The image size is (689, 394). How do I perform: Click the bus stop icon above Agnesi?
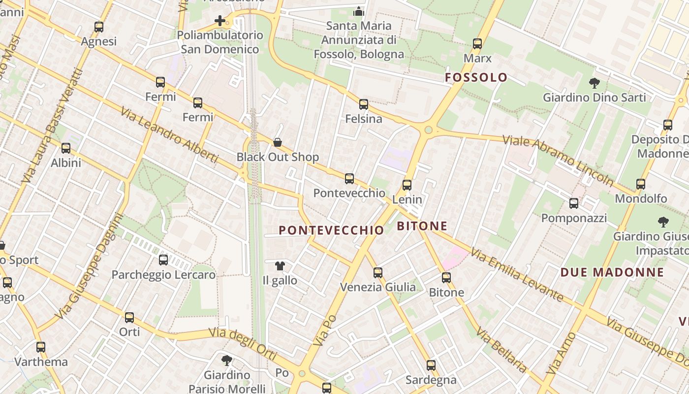coord(99,27)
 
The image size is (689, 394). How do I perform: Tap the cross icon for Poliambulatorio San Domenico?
coord(220,21)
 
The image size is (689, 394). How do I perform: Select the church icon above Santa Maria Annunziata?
coord(359,11)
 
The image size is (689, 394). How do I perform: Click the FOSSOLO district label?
coord(476,77)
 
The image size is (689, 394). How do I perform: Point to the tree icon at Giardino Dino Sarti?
coord(595,83)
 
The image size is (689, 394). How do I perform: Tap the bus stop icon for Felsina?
coord(364,104)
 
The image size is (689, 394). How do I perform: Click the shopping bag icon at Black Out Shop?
coord(278,142)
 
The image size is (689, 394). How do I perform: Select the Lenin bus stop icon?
coord(407,185)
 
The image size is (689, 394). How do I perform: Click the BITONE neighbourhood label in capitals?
coord(422,226)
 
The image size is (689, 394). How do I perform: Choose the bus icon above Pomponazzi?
coord(574,203)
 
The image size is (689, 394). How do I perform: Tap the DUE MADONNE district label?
coord(612,272)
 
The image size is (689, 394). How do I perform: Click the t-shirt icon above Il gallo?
coord(280,266)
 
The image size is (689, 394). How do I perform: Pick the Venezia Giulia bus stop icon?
coord(378,272)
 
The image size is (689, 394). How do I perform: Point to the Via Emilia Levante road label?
coord(516,274)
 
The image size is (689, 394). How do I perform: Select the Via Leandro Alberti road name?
coord(169,134)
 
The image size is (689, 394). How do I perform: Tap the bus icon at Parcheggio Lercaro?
coord(163,260)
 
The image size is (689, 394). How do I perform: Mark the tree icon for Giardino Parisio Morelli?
coord(227,361)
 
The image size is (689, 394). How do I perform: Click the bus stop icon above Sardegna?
coord(431,365)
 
